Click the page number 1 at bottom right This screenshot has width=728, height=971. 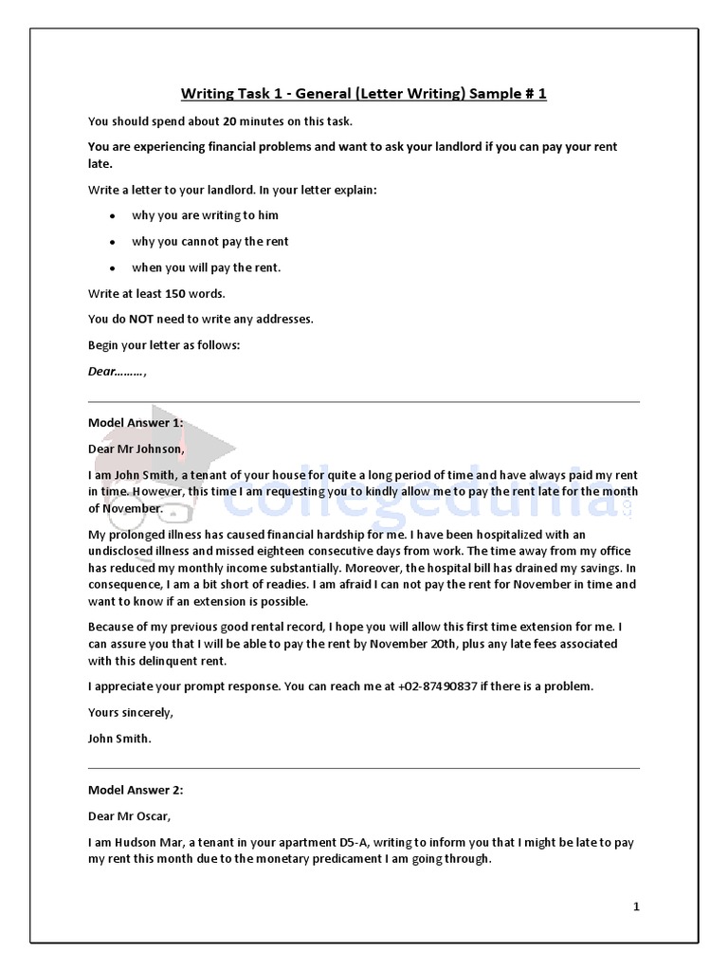coord(636,907)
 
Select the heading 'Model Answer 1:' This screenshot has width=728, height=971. coord(136,422)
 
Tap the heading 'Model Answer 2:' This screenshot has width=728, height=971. coord(136,789)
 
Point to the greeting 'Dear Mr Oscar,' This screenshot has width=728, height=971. coord(130,815)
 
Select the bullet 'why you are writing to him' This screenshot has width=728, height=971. coord(205,215)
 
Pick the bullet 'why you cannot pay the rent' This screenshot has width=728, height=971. coord(209,242)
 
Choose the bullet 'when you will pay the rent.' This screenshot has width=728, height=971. coord(206,267)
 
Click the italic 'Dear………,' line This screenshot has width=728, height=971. coord(118,372)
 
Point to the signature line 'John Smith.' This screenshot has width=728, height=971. coord(119,738)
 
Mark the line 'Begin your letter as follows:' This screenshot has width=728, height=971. coord(164,345)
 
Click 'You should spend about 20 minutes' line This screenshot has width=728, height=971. coord(220,121)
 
